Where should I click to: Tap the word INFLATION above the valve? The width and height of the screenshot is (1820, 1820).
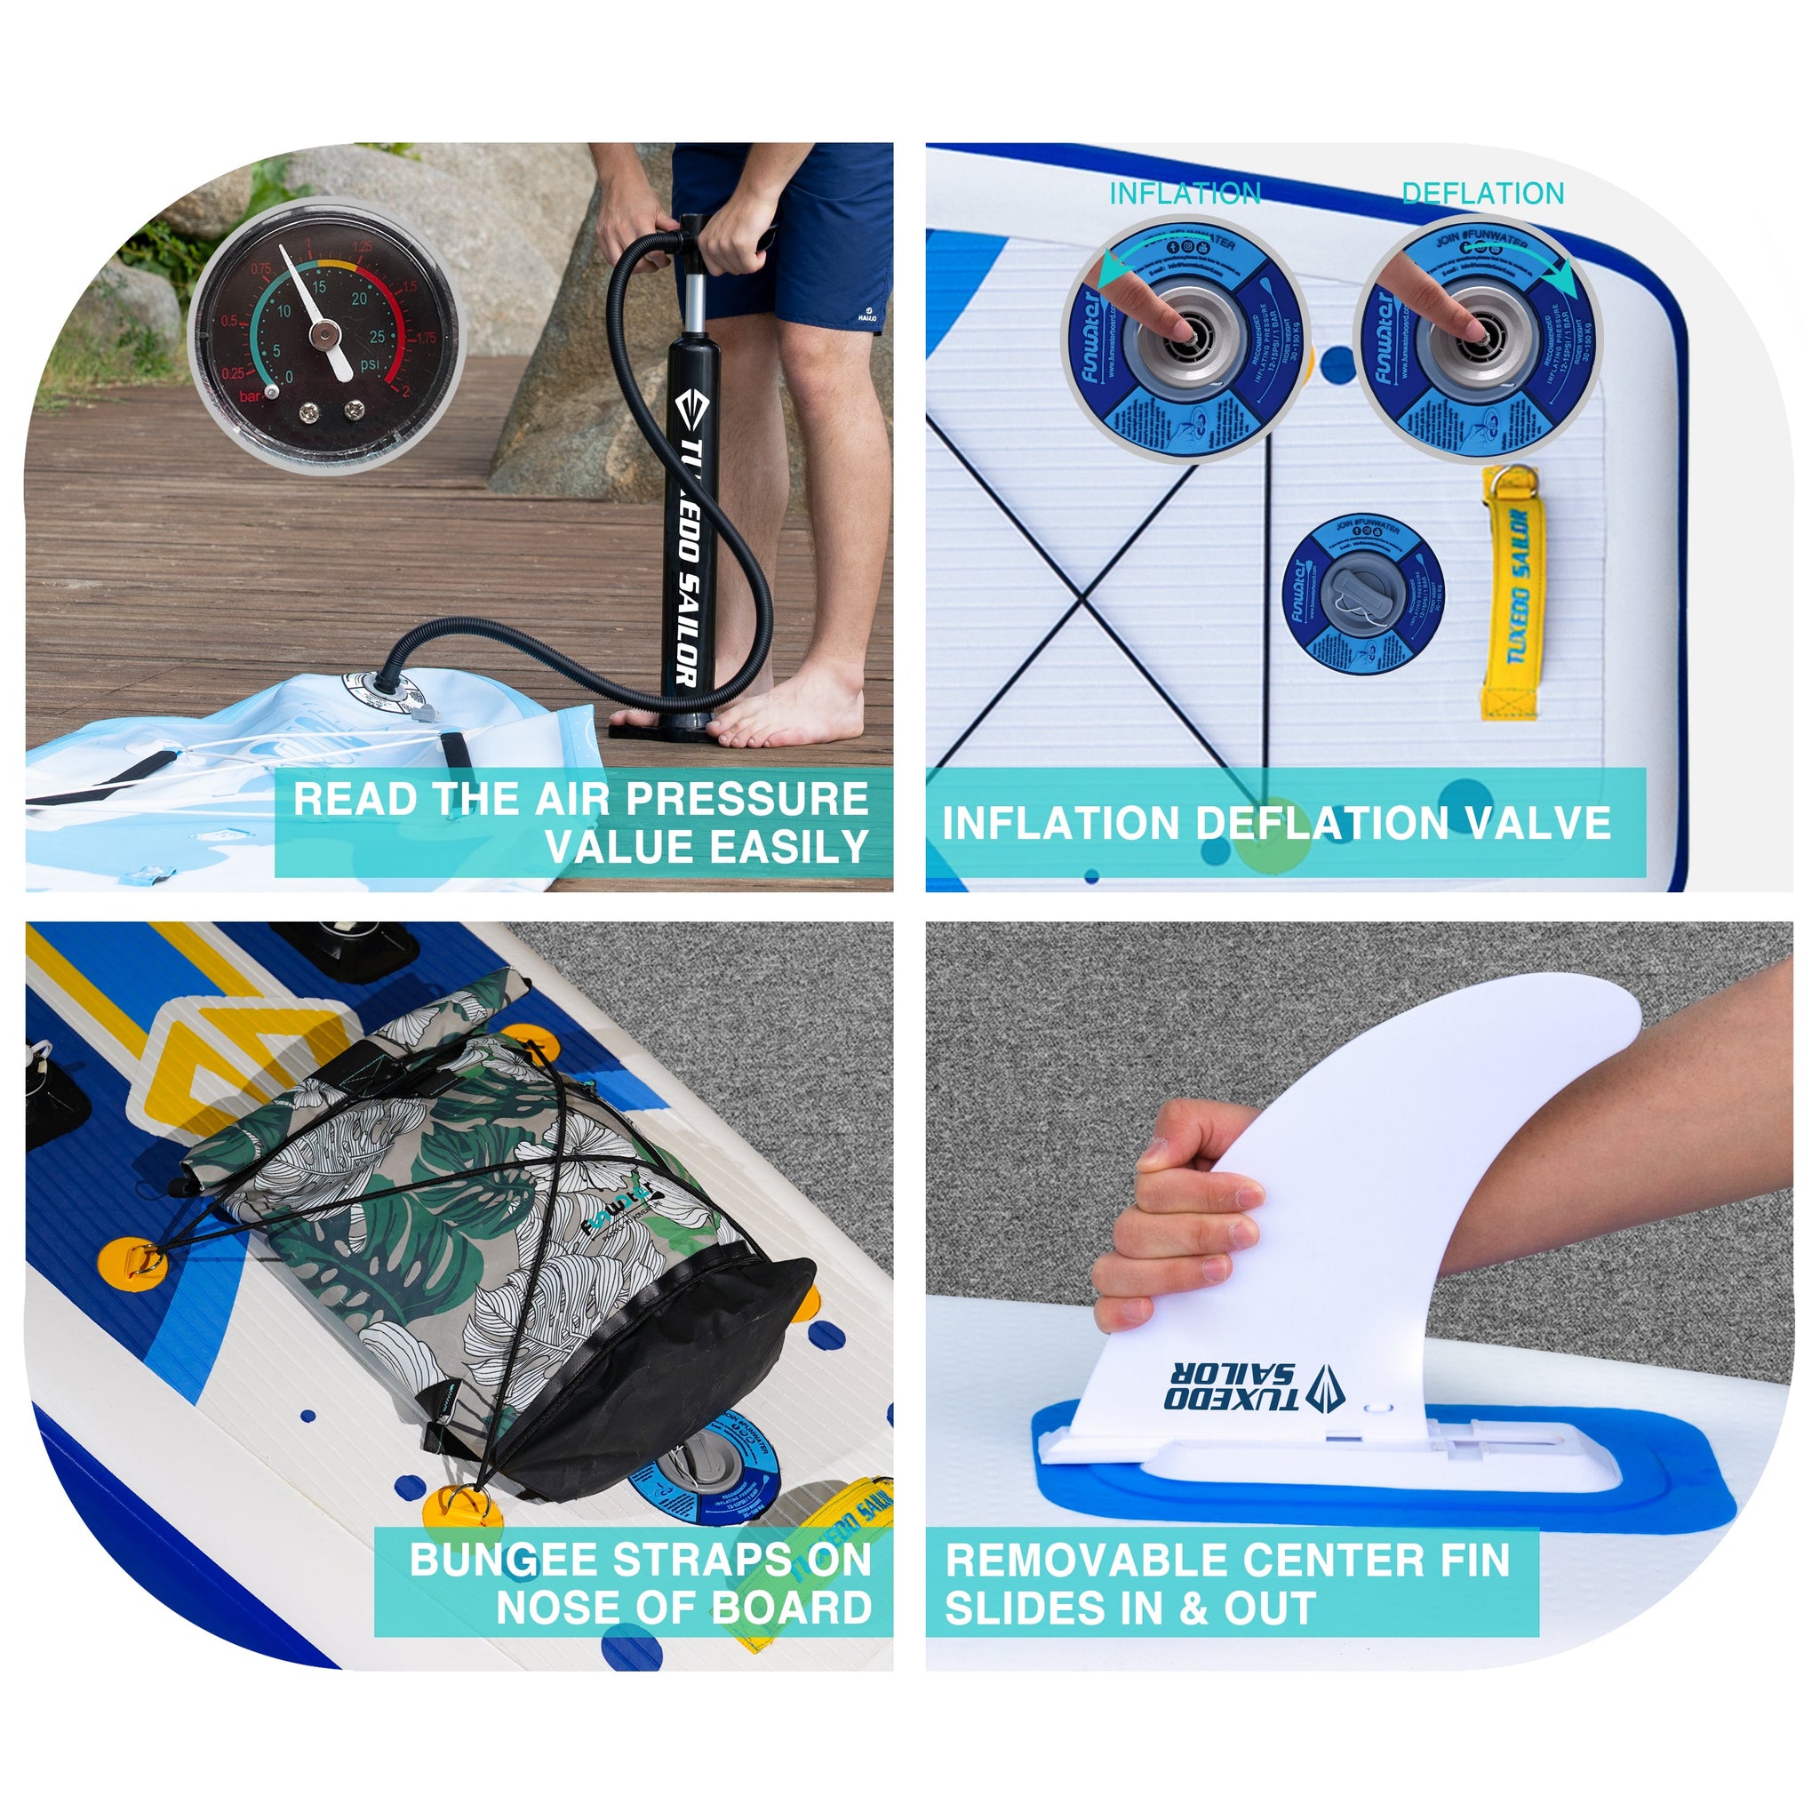click(x=1184, y=194)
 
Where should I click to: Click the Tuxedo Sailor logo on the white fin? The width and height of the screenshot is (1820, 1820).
click(x=1253, y=1386)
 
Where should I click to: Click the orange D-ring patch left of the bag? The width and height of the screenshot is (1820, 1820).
click(x=132, y=1262)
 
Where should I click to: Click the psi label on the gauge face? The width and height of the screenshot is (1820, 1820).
click(x=371, y=363)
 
